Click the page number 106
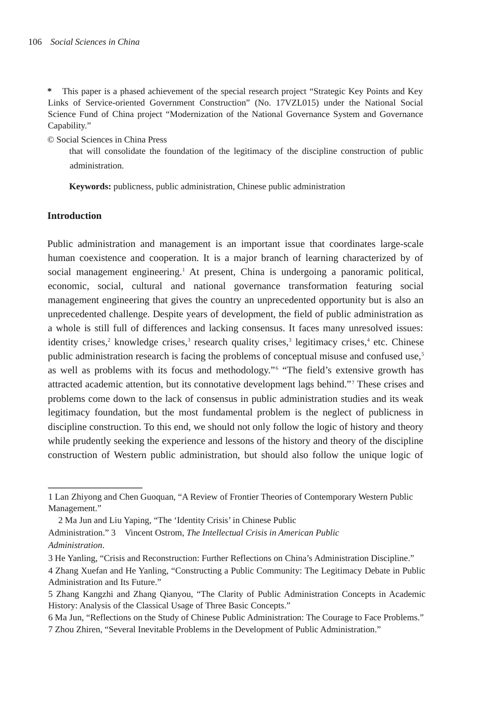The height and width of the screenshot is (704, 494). click(x=35, y=42)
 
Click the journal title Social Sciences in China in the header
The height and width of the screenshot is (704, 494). click(x=95, y=42)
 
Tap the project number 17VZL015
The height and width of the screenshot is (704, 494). click(x=296, y=103)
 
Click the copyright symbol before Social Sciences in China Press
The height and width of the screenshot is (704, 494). click(x=51, y=140)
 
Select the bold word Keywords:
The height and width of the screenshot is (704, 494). click(x=90, y=187)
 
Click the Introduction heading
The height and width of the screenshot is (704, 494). click(x=74, y=216)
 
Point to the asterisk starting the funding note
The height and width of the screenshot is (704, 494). click(x=50, y=92)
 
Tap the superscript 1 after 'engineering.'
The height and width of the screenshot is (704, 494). click(x=184, y=269)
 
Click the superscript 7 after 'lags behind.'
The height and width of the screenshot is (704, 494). click(x=353, y=382)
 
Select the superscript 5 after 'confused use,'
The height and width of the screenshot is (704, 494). click(x=422, y=354)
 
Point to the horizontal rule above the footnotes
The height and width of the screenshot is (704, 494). click(x=95, y=488)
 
